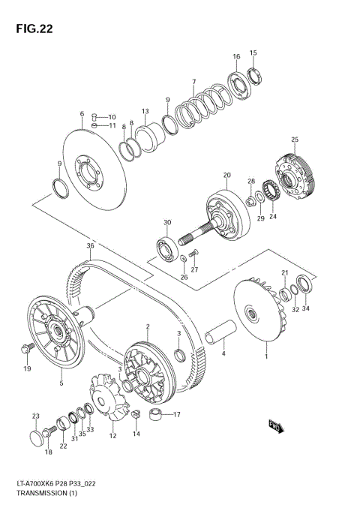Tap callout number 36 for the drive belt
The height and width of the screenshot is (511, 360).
click(x=90, y=246)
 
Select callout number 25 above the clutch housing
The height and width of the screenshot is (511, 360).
click(x=295, y=140)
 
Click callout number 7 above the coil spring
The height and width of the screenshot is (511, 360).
click(x=193, y=82)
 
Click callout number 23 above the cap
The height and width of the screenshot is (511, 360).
click(x=34, y=416)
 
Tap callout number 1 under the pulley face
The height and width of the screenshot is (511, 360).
click(x=266, y=358)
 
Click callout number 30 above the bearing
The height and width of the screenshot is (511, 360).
click(x=167, y=222)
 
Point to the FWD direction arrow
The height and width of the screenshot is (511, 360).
click(x=274, y=426)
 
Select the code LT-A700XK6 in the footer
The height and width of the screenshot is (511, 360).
click(x=31, y=485)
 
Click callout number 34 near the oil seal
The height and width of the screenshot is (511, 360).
click(x=305, y=308)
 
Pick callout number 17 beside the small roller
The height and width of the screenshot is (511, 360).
click(x=177, y=415)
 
